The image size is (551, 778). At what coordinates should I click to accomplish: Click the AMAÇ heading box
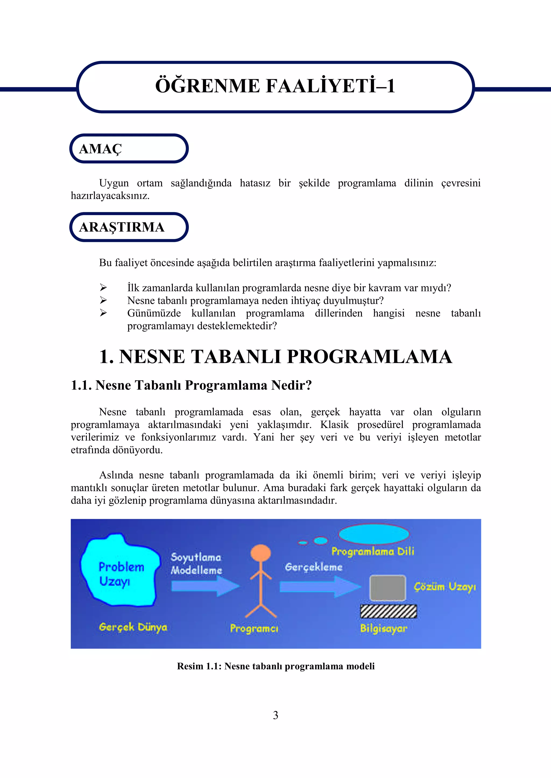pos(129,149)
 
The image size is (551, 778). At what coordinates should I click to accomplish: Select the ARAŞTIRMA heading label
pos(121,227)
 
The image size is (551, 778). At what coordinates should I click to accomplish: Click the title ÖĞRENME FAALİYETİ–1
pos(275,86)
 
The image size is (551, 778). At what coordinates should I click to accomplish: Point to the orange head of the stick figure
pos(261,553)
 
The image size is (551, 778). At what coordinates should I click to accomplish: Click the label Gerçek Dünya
pos(133,627)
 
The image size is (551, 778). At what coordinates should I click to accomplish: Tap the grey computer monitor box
pos(387,588)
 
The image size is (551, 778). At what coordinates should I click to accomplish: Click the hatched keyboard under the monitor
pos(388,611)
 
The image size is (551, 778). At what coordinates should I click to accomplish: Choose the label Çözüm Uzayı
pos(445,587)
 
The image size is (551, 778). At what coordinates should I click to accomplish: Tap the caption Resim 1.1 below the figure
pos(275,666)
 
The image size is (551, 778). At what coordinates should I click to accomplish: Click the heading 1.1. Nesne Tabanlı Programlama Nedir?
pos(191,385)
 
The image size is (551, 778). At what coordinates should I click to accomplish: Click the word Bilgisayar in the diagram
pos(383,628)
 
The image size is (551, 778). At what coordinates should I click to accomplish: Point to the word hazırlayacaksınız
pos(110,196)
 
